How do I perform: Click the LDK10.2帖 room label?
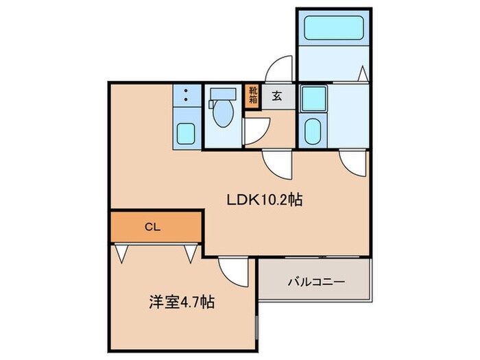click(x=265, y=200)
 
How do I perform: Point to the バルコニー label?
click(x=315, y=280)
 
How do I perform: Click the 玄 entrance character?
click(x=275, y=95)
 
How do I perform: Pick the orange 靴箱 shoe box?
click(x=253, y=93)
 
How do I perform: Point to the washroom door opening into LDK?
click(x=353, y=163)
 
